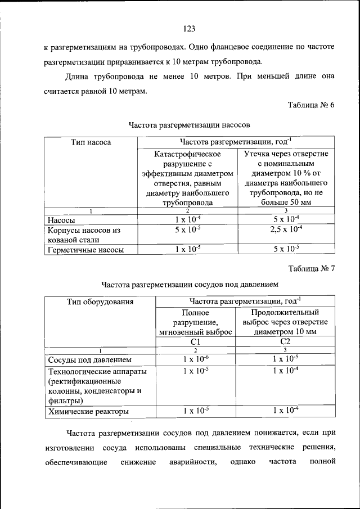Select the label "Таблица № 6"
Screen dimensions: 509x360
(311, 105)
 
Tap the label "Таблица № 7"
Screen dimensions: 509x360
(311, 268)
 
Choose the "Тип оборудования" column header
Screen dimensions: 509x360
(100, 301)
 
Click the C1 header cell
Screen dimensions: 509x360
(195, 341)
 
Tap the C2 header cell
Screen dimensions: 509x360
(285, 341)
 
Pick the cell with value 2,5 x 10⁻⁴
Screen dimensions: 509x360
(286, 229)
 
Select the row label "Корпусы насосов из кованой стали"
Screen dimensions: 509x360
(84, 235)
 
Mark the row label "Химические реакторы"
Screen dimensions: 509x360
(88, 412)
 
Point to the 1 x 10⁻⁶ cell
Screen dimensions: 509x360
(195, 359)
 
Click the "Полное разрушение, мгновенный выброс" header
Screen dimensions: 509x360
(195, 322)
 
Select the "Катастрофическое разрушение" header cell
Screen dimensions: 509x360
(188, 178)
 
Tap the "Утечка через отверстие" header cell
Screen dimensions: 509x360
(286, 178)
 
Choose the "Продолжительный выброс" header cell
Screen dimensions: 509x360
(285, 322)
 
